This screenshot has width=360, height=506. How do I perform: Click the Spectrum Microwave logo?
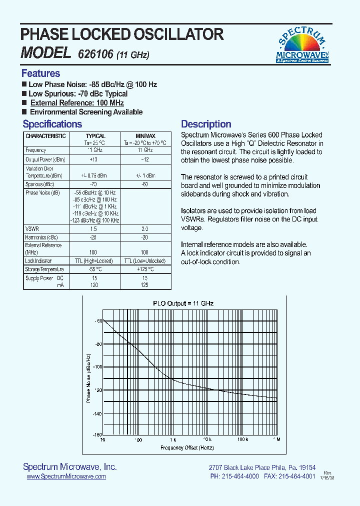(302, 44)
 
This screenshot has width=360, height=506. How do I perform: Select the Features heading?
(40, 73)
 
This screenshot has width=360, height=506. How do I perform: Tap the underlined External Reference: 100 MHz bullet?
(77, 103)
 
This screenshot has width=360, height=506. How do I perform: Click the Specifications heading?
(52, 124)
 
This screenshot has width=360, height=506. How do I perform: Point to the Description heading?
(206, 124)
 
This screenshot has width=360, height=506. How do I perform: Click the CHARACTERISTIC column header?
(45, 136)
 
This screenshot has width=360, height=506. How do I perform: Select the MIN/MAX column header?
(145, 136)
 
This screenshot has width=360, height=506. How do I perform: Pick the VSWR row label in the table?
(32, 228)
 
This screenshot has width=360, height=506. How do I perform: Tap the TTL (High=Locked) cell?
(95, 261)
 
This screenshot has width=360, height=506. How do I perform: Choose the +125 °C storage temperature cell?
(145, 269)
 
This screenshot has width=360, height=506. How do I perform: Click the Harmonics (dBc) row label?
(41, 237)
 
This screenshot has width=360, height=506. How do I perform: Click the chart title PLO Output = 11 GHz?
(183, 303)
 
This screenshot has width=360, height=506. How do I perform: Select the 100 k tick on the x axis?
(242, 439)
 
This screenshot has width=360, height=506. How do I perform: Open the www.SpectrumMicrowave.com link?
(66, 476)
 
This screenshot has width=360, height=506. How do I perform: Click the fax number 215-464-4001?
(296, 476)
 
